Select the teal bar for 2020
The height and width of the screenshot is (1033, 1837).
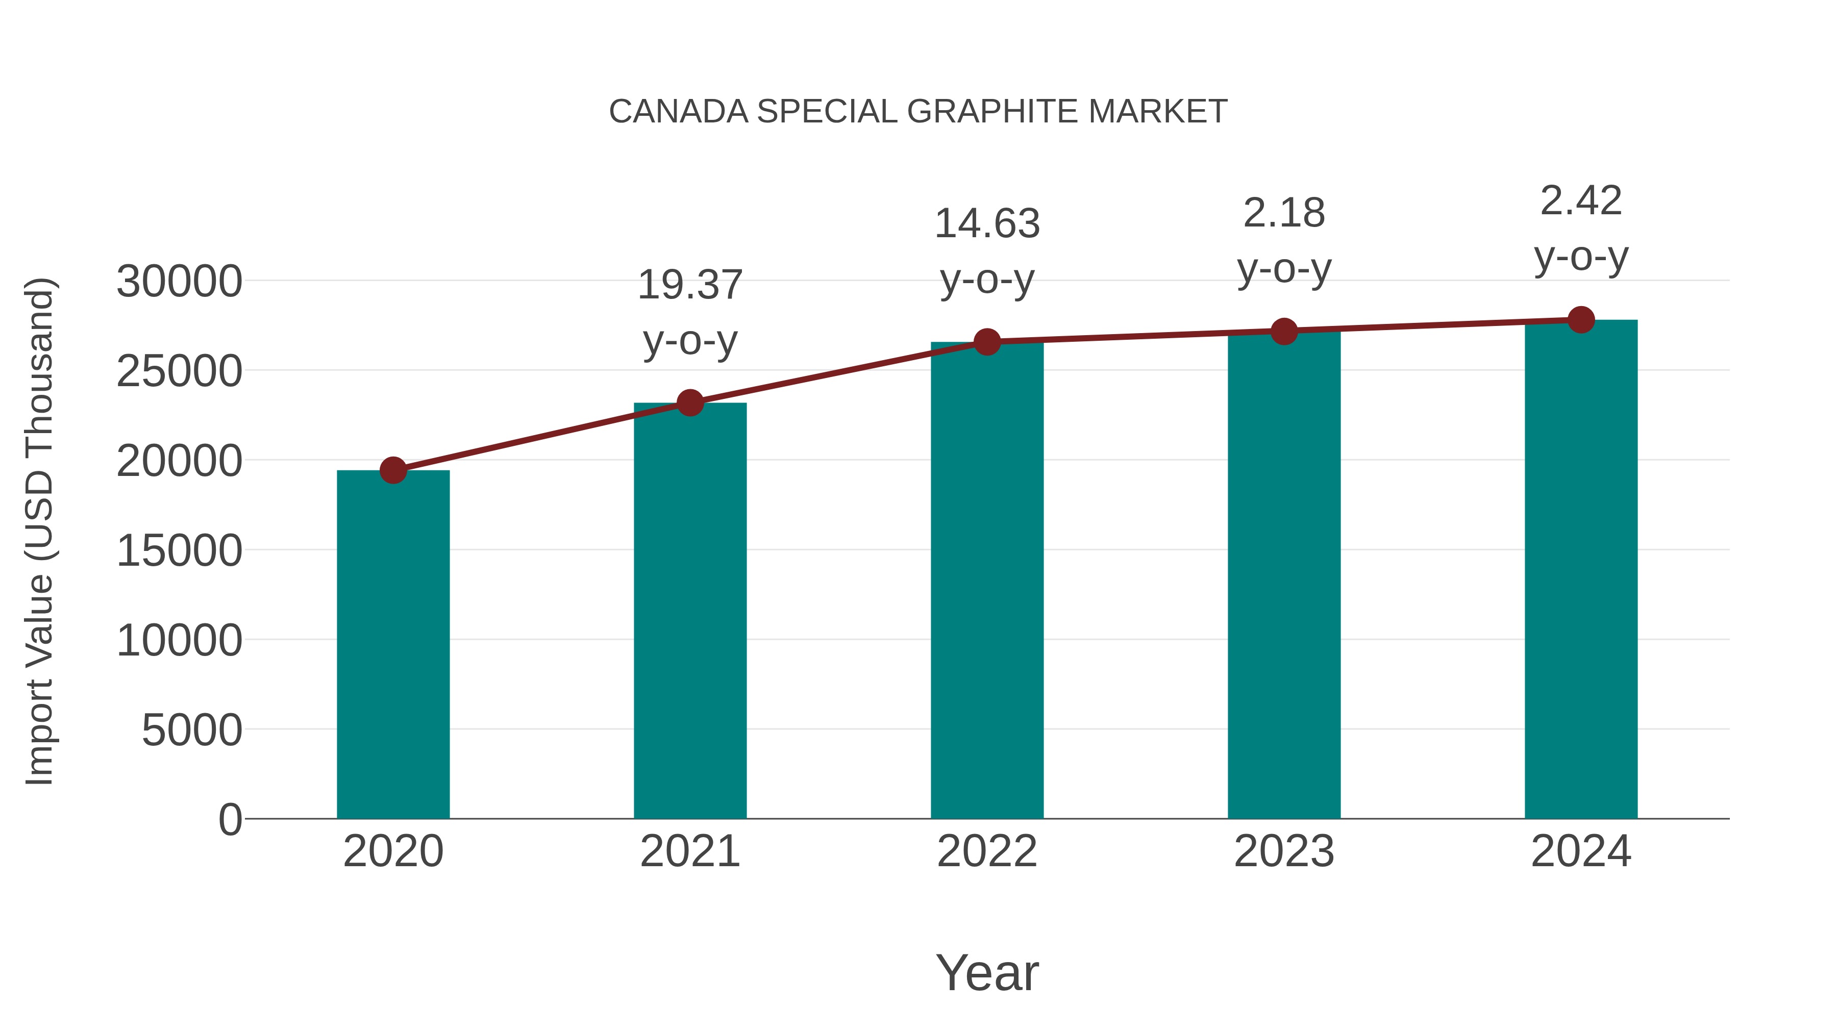(x=393, y=645)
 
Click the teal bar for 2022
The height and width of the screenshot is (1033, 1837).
(x=987, y=581)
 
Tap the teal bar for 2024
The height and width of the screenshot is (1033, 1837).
(x=1581, y=570)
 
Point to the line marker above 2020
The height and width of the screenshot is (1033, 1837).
(x=393, y=470)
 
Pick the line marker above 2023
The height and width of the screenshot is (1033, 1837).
(x=1284, y=332)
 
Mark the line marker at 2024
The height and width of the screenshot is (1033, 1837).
(x=1581, y=320)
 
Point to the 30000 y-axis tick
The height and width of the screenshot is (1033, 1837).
(x=179, y=282)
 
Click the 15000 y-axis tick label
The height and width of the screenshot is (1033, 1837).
(x=179, y=551)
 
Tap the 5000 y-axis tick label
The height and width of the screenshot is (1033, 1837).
(x=192, y=730)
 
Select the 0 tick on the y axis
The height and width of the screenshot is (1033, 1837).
(x=230, y=820)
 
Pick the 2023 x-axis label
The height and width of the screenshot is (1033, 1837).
(x=1284, y=852)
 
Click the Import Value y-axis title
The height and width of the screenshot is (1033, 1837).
(x=40, y=531)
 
